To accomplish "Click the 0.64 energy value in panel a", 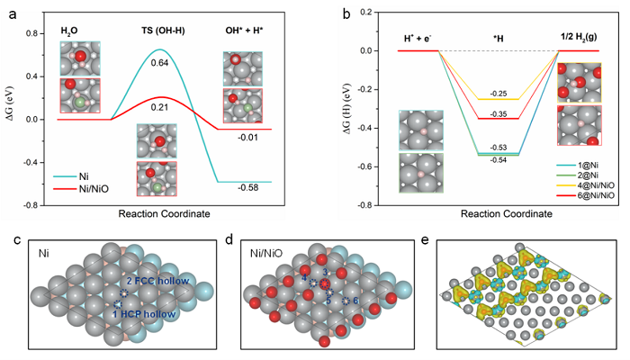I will coord(158,62).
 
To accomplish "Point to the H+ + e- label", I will coord(419,38).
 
